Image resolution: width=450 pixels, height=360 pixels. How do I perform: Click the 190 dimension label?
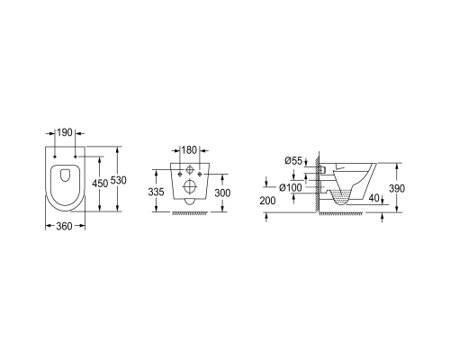click(x=65, y=132)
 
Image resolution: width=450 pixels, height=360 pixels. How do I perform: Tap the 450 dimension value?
click(x=100, y=184)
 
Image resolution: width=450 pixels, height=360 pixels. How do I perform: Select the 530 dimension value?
click(x=119, y=180)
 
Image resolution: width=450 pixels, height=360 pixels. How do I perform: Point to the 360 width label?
click(x=65, y=226)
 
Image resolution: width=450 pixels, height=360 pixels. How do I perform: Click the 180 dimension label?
click(x=189, y=150)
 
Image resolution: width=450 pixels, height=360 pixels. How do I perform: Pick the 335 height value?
click(x=156, y=192)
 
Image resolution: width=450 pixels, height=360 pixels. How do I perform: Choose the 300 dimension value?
click(x=222, y=193)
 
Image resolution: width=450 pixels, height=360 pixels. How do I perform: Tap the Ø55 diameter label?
click(x=293, y=161)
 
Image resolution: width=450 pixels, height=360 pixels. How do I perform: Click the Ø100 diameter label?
click(x=291, y=188)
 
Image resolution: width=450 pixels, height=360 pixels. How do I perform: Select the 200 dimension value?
click(x=267, y=201)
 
